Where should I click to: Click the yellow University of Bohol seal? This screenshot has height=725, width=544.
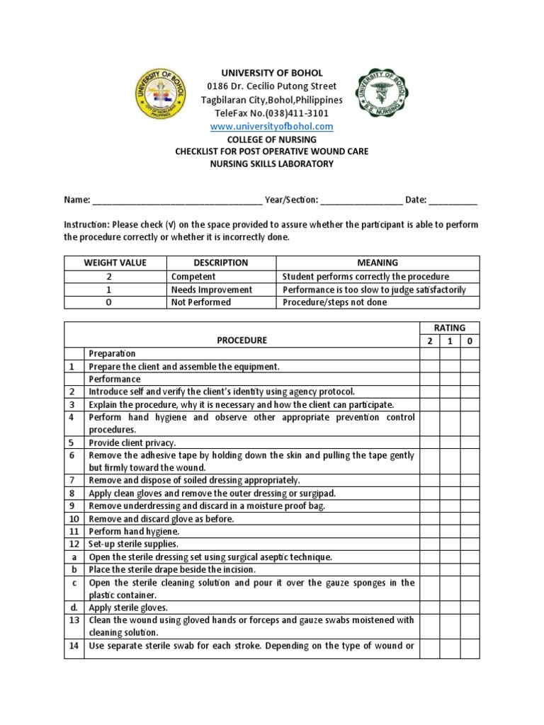pyautogui.click(x=161, y=100)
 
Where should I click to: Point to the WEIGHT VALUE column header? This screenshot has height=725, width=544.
pyautogui.click(x=115, y=263)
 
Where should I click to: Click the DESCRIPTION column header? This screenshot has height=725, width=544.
pyautogui.click(x=220, y=263)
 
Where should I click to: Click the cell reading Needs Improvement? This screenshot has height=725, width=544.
pyautogui.click(x=211, y=290)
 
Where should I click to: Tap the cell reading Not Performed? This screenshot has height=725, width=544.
pyautogui.click(x=201, y=302)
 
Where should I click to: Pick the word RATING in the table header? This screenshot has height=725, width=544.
pyautogui.click(x=449, y=327)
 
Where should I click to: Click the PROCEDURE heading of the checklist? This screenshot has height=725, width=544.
pyautogui.click(x=242, y=340)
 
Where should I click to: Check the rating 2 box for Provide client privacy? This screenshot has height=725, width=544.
pyautogui.click(x=429, y=443)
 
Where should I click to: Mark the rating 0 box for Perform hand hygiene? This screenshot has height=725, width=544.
pyautogui.click(x=470, y=531)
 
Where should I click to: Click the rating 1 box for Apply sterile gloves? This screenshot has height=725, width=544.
pyautogui.click(x=450, y=607)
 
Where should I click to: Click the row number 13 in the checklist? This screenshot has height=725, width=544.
pyautogui.click(x=74, y=620)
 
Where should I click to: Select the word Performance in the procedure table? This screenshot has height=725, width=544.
pyautogui.click(x=114, y=379)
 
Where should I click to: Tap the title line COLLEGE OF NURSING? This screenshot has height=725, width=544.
pyautogui.click(x=272, y=139)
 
